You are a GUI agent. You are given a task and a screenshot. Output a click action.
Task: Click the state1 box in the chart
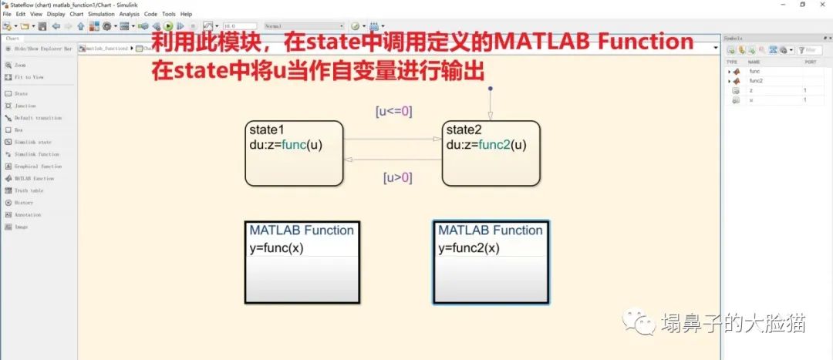294,166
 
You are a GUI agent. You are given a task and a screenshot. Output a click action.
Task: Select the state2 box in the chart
491,166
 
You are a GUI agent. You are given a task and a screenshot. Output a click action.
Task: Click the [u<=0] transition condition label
393,111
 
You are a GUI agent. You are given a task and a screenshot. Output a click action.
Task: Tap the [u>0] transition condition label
398,178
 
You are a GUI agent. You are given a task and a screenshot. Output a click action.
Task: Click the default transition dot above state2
490,89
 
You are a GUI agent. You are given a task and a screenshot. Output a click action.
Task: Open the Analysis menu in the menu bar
130,14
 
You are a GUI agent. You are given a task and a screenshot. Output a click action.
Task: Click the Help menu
186,14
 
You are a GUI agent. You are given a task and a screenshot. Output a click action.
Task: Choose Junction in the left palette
25,106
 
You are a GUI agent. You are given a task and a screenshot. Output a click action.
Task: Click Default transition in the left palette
37,118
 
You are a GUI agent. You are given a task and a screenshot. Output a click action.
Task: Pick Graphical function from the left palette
37,166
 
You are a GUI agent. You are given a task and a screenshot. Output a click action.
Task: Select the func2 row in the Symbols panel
756,80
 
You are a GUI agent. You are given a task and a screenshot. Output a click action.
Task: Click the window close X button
821,5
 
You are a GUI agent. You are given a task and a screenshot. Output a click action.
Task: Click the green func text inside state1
294,144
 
